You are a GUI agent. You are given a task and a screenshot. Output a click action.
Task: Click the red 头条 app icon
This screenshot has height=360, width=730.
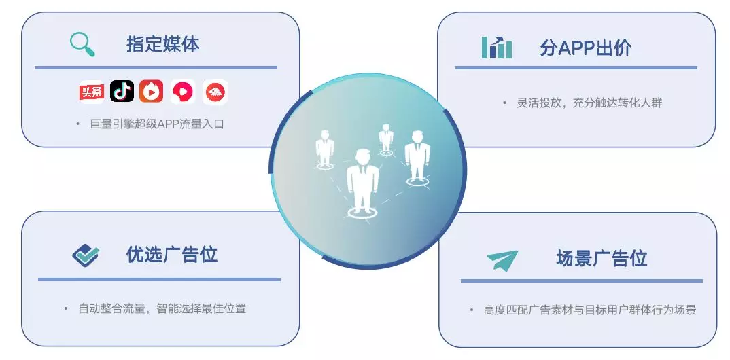91,91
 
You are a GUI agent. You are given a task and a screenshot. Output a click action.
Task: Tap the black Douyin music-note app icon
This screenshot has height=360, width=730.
122,91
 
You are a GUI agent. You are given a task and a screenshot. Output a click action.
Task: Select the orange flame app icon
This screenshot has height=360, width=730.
152,91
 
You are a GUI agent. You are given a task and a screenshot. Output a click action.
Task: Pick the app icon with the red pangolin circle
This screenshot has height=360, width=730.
215,92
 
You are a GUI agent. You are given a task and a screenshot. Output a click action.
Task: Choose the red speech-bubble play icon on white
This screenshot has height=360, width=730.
183,92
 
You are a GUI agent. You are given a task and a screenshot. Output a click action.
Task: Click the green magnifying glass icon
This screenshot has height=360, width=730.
82,44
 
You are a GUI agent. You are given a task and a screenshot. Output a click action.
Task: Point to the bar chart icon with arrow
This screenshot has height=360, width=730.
497,48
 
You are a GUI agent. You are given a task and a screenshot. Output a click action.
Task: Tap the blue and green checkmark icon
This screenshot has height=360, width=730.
86,255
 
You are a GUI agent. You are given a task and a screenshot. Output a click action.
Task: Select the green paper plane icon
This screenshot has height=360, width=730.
502,260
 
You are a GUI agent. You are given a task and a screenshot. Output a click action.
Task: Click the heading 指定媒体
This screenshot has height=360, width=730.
163,44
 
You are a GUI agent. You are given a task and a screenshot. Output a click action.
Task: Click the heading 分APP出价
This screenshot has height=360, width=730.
586,48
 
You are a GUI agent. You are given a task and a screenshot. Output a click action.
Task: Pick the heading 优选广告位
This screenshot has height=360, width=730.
172,255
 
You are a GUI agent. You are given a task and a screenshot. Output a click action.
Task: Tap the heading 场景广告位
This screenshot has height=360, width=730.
602,258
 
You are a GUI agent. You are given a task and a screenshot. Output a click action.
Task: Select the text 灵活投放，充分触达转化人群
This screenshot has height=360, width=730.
589,103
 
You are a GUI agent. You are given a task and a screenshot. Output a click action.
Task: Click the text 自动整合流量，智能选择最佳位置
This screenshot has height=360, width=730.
162,308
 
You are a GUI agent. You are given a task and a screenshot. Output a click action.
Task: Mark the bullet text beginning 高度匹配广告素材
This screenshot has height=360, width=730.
590,310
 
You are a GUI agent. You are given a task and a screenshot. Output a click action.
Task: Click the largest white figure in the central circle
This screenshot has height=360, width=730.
362,182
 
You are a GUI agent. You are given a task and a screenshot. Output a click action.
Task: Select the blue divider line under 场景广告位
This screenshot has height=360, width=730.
582,281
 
